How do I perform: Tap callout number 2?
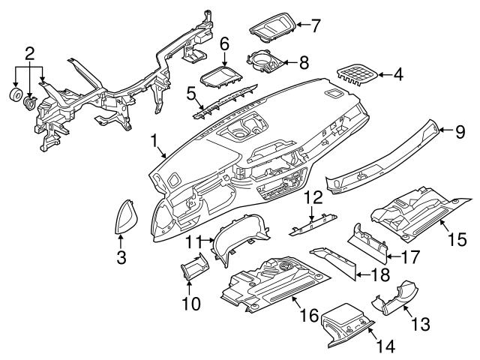[29, 53]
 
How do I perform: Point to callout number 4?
[398, 74]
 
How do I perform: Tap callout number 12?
[313, 198]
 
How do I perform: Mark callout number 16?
[307, 319]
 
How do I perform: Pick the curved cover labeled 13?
[395, 298]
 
